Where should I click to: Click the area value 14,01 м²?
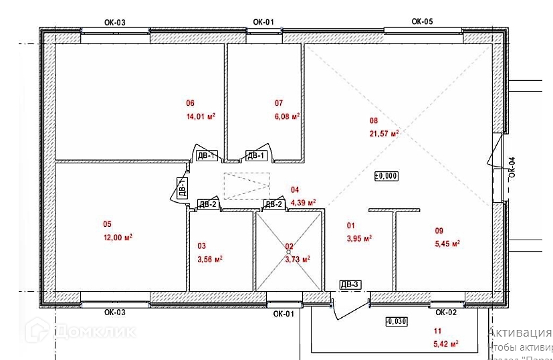201,116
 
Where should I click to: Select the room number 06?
189,103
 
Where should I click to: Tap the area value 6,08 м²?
287,116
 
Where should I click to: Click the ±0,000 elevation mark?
386,176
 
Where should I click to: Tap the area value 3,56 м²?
209,260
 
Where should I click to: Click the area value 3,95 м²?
359,238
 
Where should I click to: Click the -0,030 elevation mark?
396,322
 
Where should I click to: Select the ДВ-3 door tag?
350,285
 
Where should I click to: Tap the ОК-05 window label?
422,21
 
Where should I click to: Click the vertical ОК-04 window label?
512,166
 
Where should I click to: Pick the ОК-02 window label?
446,312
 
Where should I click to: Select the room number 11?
437,331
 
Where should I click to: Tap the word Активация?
519,333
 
